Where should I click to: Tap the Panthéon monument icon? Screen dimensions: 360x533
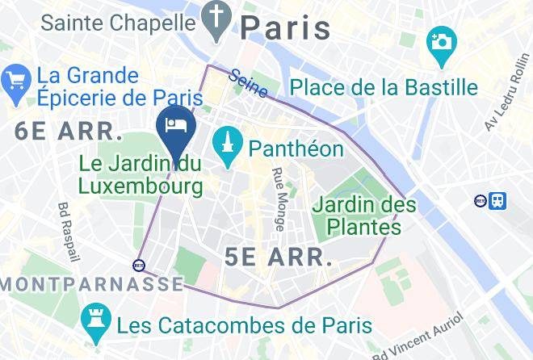[229, 147]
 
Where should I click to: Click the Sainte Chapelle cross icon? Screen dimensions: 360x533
[217, 22]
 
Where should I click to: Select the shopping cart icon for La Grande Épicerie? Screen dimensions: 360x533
[16, 80]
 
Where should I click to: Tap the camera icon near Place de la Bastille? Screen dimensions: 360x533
[441, 40]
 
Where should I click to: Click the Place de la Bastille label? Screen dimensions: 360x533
[384, 87]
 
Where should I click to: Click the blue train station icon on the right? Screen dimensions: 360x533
[498, 199]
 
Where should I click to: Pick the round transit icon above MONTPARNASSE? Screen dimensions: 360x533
[139, 264]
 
